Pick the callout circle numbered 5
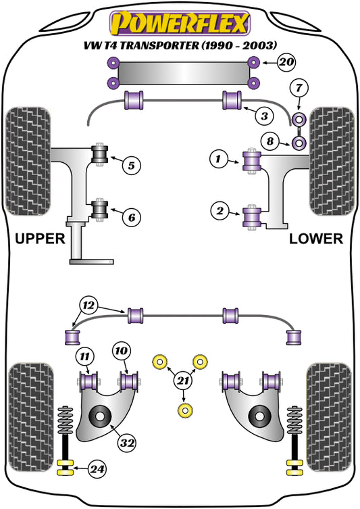pos(132,163)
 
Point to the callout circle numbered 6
pos(132,217)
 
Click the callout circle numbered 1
pos(218,160)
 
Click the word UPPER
pos(40,239)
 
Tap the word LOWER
pos(316,239)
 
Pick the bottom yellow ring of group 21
pos(182,410)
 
